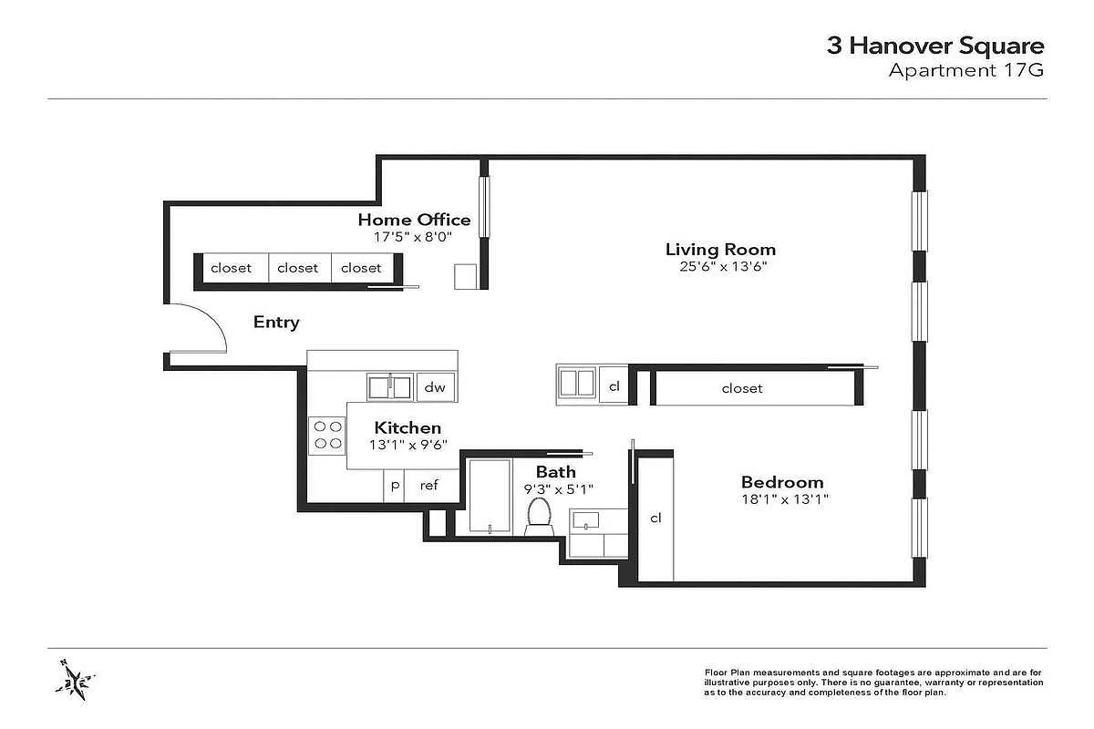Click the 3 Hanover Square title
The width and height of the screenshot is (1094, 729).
tap(934, 46)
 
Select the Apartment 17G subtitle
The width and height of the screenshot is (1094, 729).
tap(966, 70)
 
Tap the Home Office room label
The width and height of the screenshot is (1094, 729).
tap(414, 220)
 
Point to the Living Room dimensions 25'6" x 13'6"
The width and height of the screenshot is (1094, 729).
tap(723, 267)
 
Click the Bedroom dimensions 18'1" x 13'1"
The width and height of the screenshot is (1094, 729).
tap(785, 499)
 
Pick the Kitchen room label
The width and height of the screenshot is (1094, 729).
tap(408, 427)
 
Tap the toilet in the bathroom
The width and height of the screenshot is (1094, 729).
tap(539, 517)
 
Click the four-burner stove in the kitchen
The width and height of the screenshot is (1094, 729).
tap(327, 435)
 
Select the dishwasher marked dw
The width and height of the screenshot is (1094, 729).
tap(436, 387)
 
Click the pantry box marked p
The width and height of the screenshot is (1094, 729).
tap(394, 486)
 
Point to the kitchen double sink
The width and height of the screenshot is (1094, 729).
tap(390, 387)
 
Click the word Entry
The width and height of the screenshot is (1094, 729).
tap(276, 323)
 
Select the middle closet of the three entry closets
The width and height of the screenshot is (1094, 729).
tap(299, 268)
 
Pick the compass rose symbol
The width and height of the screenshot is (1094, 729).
tap(75, 679)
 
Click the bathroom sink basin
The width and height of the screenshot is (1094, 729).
tap(585, 520)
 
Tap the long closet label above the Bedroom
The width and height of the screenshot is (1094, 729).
tap(742, 389)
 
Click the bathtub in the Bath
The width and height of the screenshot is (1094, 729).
tap(490, 496)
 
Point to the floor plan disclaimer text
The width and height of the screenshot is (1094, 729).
tap(873, 683)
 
